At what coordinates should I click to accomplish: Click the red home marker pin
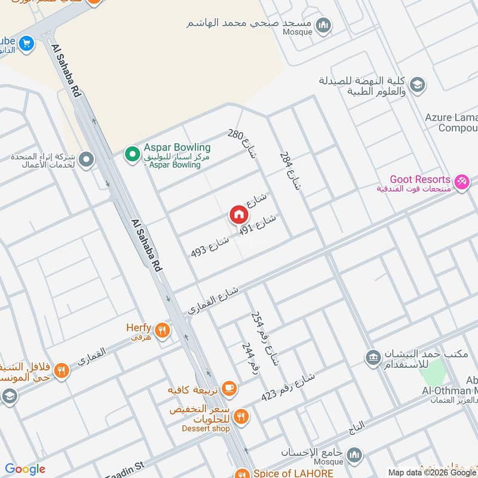pos(238,215)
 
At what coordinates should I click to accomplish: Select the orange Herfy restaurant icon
pos(161,329)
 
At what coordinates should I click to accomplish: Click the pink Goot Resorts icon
pos(461,181)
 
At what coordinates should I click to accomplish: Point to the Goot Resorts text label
pos(419,179)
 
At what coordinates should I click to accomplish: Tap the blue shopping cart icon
pos(26,43)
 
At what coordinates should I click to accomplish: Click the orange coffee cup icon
pos(229,388)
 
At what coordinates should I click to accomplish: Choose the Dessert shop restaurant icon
pos(240,416)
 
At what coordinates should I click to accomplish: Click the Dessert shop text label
pos(207,428)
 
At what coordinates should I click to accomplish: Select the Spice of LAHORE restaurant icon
pos(241,472)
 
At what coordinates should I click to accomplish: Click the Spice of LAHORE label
pos(286,473)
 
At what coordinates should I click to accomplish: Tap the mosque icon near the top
pos(324,25)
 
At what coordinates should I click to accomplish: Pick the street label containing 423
pos(288,388)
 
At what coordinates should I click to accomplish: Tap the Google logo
pos(25,469)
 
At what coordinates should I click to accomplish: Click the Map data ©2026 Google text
pos(431,471)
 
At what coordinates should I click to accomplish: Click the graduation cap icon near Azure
pos(418,84)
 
